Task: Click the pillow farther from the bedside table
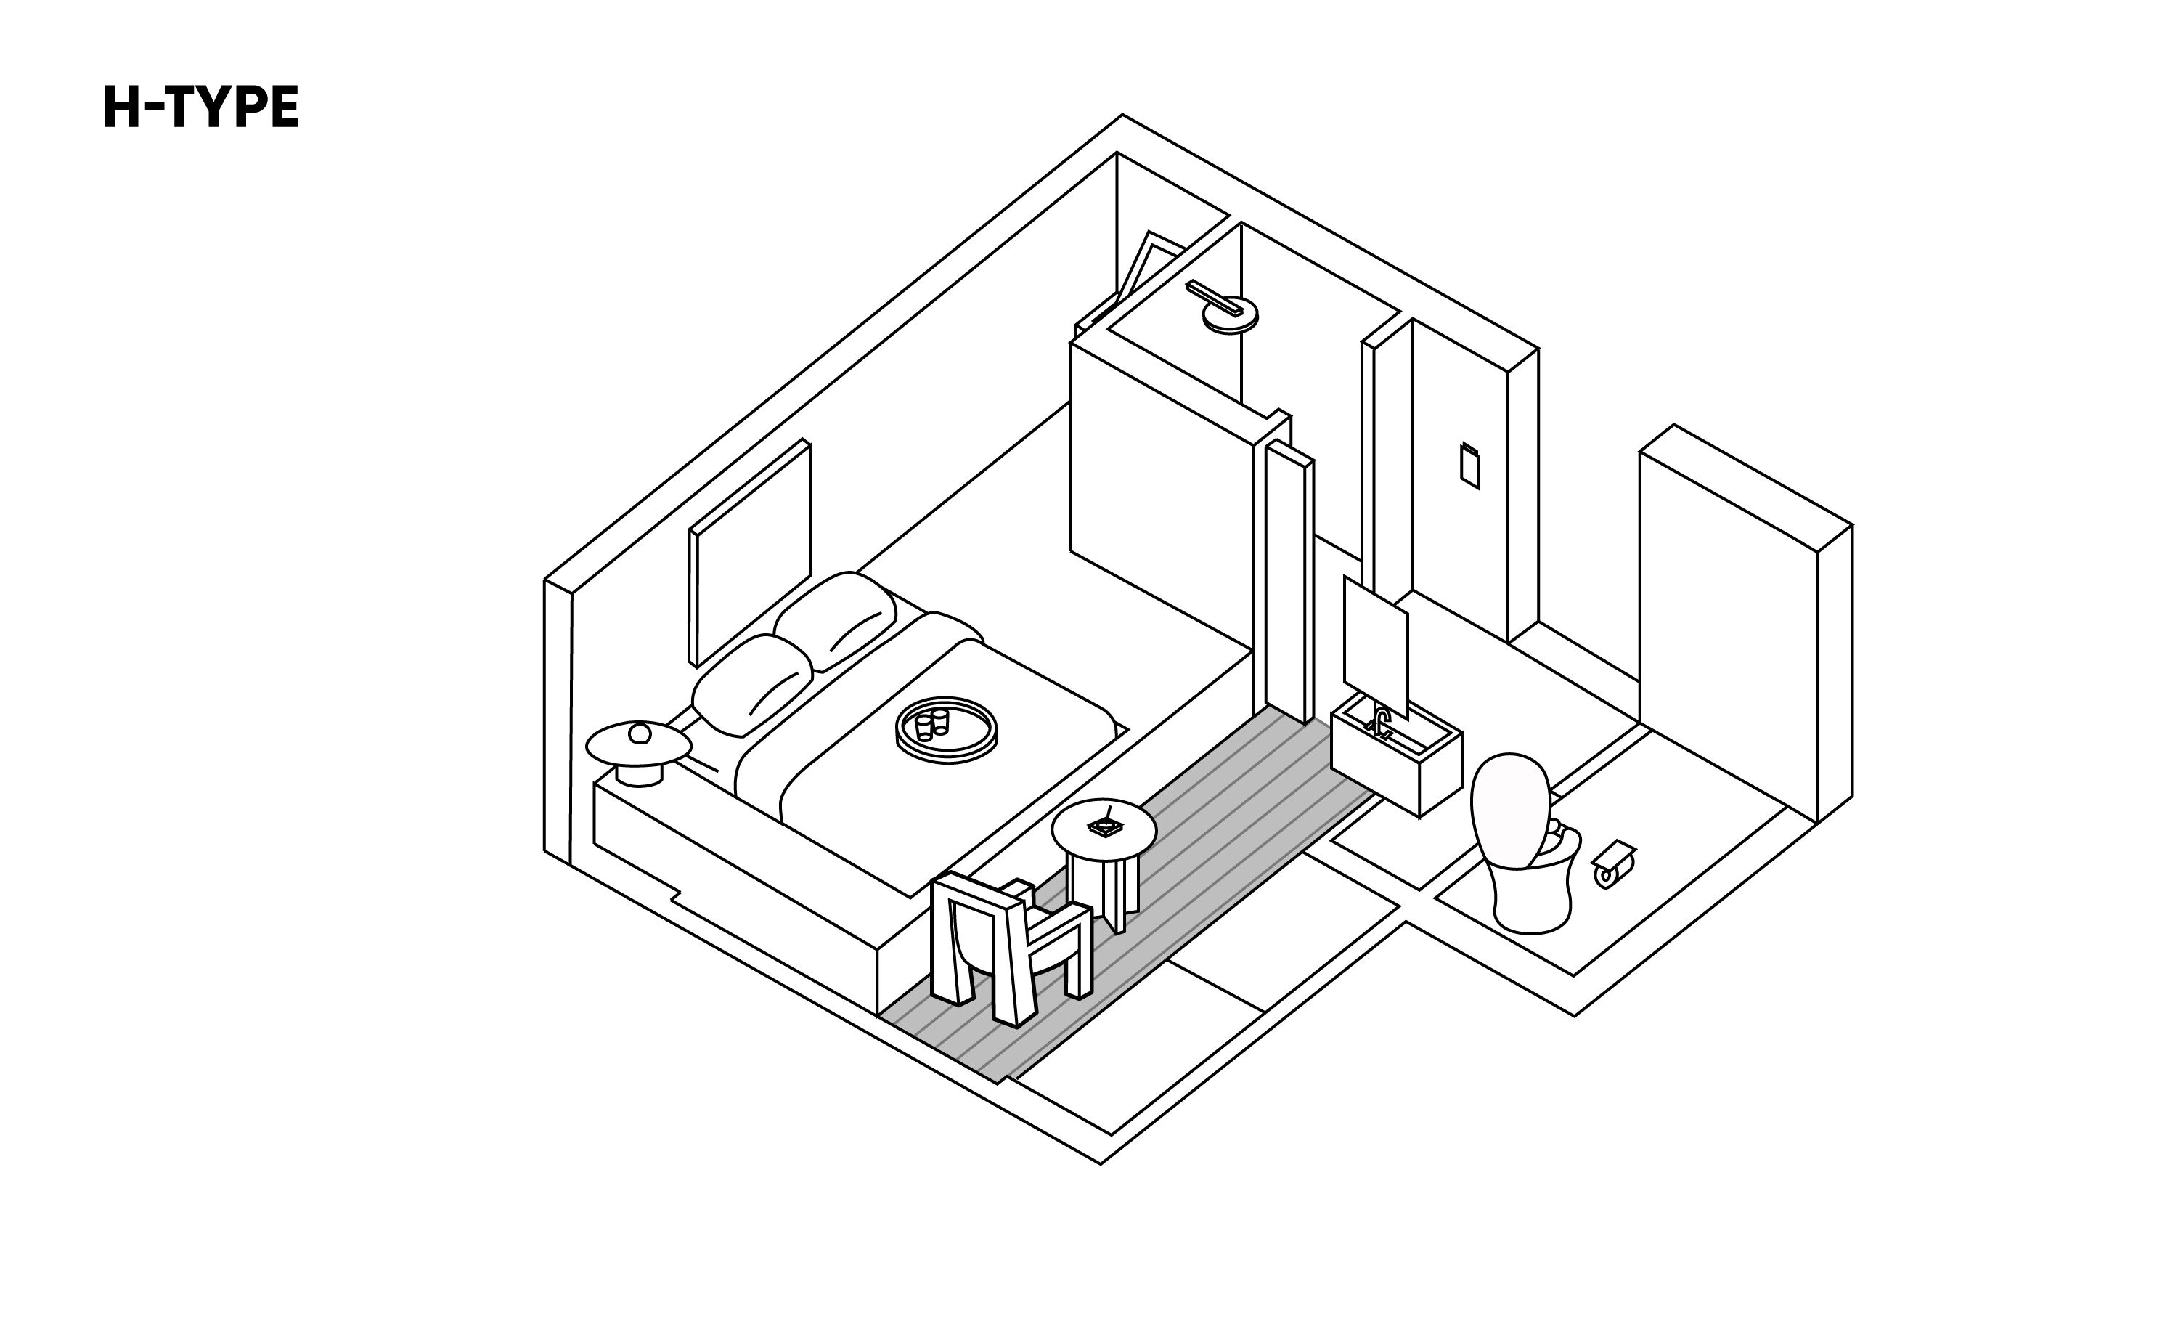pos(836,619)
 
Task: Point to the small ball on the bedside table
pos(639,733)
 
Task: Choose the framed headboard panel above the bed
pos(749,553)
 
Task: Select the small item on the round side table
pos(1105,826)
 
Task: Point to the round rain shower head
pos(1230,316)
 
